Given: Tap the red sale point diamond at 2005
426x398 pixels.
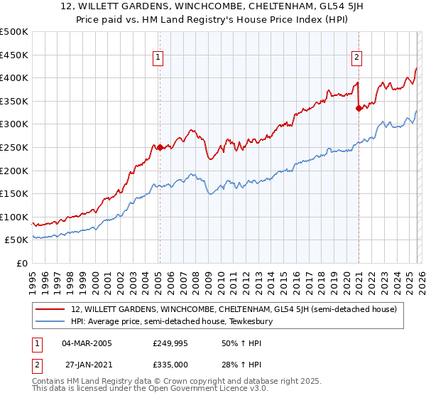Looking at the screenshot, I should [160, 148].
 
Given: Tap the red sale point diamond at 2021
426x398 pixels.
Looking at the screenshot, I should [359, 108].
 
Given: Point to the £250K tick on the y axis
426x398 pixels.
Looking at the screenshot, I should [14, 147].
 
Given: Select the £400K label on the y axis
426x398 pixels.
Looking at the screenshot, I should [14, 78].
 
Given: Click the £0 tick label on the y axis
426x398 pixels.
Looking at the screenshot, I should [21, 263].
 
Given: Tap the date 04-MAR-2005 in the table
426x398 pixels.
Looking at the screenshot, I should [87, 343].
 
